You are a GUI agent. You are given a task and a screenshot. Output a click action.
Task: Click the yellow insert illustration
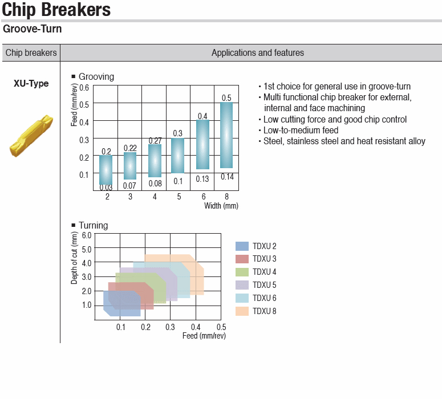tap(31, 136)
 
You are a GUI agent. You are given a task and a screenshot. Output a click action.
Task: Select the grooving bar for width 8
tap(226, 135)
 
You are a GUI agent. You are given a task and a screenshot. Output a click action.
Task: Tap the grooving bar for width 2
tap(106, 170)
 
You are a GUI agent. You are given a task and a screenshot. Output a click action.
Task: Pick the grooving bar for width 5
tap(177, 156)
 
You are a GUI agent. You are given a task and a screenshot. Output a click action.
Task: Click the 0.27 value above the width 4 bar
tap(155, 141)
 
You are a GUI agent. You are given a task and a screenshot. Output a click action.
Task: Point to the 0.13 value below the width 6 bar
tap(202, 179)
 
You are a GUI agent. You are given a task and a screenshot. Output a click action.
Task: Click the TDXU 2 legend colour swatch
tap(242, 246)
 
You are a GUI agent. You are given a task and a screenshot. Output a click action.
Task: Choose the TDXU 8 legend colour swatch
tap(242, 311)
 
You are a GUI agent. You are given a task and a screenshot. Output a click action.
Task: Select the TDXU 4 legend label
tap(265, 272)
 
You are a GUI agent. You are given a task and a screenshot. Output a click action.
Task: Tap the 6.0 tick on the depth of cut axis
tap(87, 235)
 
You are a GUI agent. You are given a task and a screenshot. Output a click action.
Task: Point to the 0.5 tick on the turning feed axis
tap(221, 327)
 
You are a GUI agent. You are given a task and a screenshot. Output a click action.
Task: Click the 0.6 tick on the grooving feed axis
tap(84, 88)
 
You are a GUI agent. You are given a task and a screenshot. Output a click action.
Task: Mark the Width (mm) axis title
tap(221, 206)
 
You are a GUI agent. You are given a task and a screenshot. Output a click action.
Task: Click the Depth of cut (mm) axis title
tap(74, 258)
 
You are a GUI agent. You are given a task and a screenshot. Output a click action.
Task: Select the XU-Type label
tap(31, 83)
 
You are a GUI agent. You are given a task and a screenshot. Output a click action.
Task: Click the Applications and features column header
tap(258, 52)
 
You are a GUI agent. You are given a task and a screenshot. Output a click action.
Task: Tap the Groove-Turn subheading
tap(32, 28)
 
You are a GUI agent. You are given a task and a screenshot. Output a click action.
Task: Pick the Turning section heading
tap(94, 225)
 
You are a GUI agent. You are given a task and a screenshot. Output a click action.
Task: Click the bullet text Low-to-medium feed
tap(301, 130)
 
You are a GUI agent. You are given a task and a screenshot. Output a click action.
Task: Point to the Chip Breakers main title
tap(56, 10)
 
